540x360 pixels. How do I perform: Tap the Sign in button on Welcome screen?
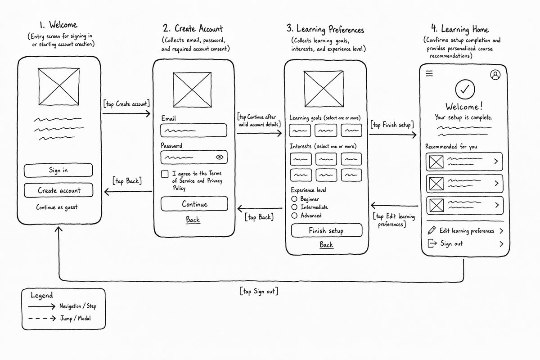pyautogui.click(x=58, y=170)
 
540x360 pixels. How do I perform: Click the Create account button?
pyautogui.click(x=58, y=190)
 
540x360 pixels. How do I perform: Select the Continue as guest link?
pyautogui.click(x=57, y=207)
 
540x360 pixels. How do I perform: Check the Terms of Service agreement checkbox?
pyautogui.click(x=165, y=174)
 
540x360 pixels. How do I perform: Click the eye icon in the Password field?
pyautogui.click(x=220, y=157)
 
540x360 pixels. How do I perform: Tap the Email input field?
pyautogui.click(x=194, y=130)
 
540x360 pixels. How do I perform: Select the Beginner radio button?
pyautogui.click(x=294, y=199)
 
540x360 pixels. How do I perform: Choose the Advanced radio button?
pyautogui.click(x=294, y=215)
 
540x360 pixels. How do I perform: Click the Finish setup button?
pyautogui.click(x=327, y=230)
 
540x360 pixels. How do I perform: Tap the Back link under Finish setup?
pyautogui.click(x=326, y=245)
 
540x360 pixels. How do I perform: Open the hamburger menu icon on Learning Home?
pyautogui.click(x=429, y=73)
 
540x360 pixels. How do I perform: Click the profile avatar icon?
pyautogui.click(x=495, y=75)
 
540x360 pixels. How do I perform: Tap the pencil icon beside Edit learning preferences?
pyautogui.click(x=432, y=230)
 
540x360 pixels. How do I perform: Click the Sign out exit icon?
pyautogui.click(x=432, y=243)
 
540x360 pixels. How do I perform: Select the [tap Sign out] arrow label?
pyautogui.click(x=259, y=291)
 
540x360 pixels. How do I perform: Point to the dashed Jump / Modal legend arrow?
pyautogui.click(x=42, y=319)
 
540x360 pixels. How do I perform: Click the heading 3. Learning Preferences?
pyautogui.click(x=325, y=29)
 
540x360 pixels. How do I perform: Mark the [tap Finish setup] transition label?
pyautogui.click(x=392, y=125)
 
